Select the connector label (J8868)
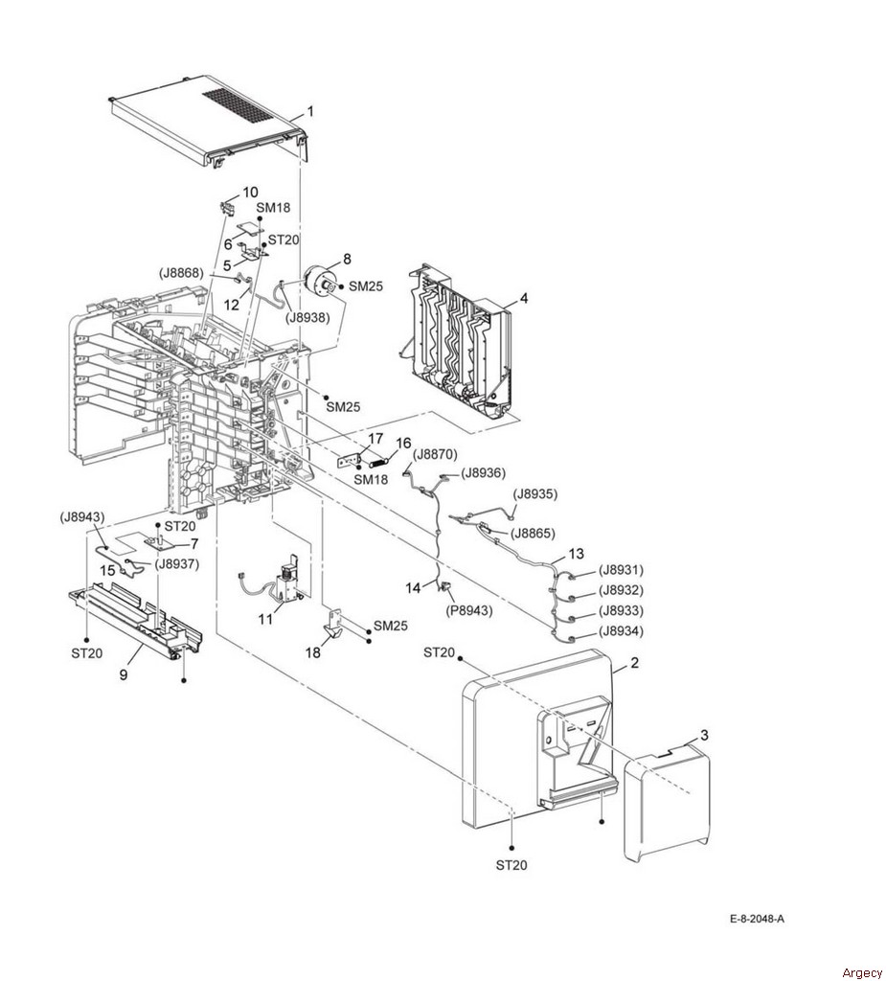click(x=181, y=273)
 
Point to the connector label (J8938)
click(x=307, y=317)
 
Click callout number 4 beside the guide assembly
click(x=524, y=299)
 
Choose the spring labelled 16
click(x=377, y=464)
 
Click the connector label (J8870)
click(x=436, y=454)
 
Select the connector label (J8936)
click(x=483, y=473)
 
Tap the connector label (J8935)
click(x=534, y=493)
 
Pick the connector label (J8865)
click(x=533, y=534)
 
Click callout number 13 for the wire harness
click(x=576, y=554)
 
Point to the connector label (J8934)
click(x=621, y=630)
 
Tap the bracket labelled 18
click(x=337, y=622)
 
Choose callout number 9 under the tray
click(x=124, y=675)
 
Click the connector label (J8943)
click(x=82, y=517)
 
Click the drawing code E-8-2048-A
click(x=757, y=920)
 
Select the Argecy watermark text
click(x=862, y=972)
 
